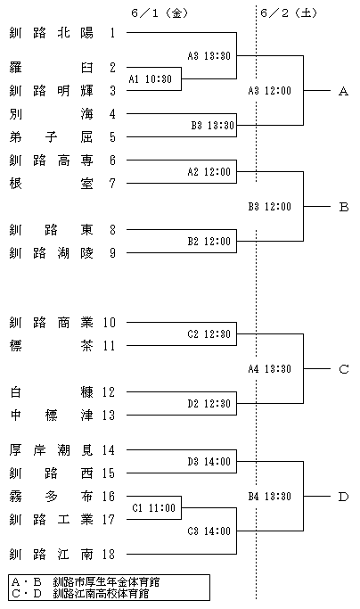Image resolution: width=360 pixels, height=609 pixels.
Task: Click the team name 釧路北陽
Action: coord(52,33)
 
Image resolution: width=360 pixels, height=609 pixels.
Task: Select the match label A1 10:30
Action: coord(150,79)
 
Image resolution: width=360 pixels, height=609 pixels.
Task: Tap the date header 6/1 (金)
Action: coord(160,13)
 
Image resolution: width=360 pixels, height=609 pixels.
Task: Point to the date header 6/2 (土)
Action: coord(289,13)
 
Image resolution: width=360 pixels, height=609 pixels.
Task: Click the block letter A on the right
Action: coord(343,91)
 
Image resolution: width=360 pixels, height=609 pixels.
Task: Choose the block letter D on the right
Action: coord(343,497)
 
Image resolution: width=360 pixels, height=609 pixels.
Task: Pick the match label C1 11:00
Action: coord(154,508)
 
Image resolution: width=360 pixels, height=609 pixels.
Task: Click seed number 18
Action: coord(109,555)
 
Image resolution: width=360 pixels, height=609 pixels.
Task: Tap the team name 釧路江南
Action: coord(52,555)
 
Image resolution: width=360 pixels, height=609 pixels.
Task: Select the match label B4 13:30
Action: coord(269,497)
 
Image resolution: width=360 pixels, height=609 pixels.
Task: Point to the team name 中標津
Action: coord(52,416)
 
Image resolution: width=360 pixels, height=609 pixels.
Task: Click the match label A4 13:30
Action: coord(269,368)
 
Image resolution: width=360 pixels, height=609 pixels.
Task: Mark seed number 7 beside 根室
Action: coord(112,184)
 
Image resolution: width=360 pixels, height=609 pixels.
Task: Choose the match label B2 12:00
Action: coord(209,242)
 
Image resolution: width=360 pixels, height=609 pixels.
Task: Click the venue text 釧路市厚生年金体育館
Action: coord(106,582)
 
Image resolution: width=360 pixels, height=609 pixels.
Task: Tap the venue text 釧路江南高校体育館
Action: coord(101,594)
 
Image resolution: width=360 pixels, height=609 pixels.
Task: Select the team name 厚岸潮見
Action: coord(52,450)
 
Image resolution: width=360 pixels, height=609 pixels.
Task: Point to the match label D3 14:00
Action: coord(209,461)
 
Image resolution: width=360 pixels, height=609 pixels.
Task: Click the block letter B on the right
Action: coord(343,207)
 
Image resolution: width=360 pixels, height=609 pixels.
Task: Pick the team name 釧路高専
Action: coord(52,160)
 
